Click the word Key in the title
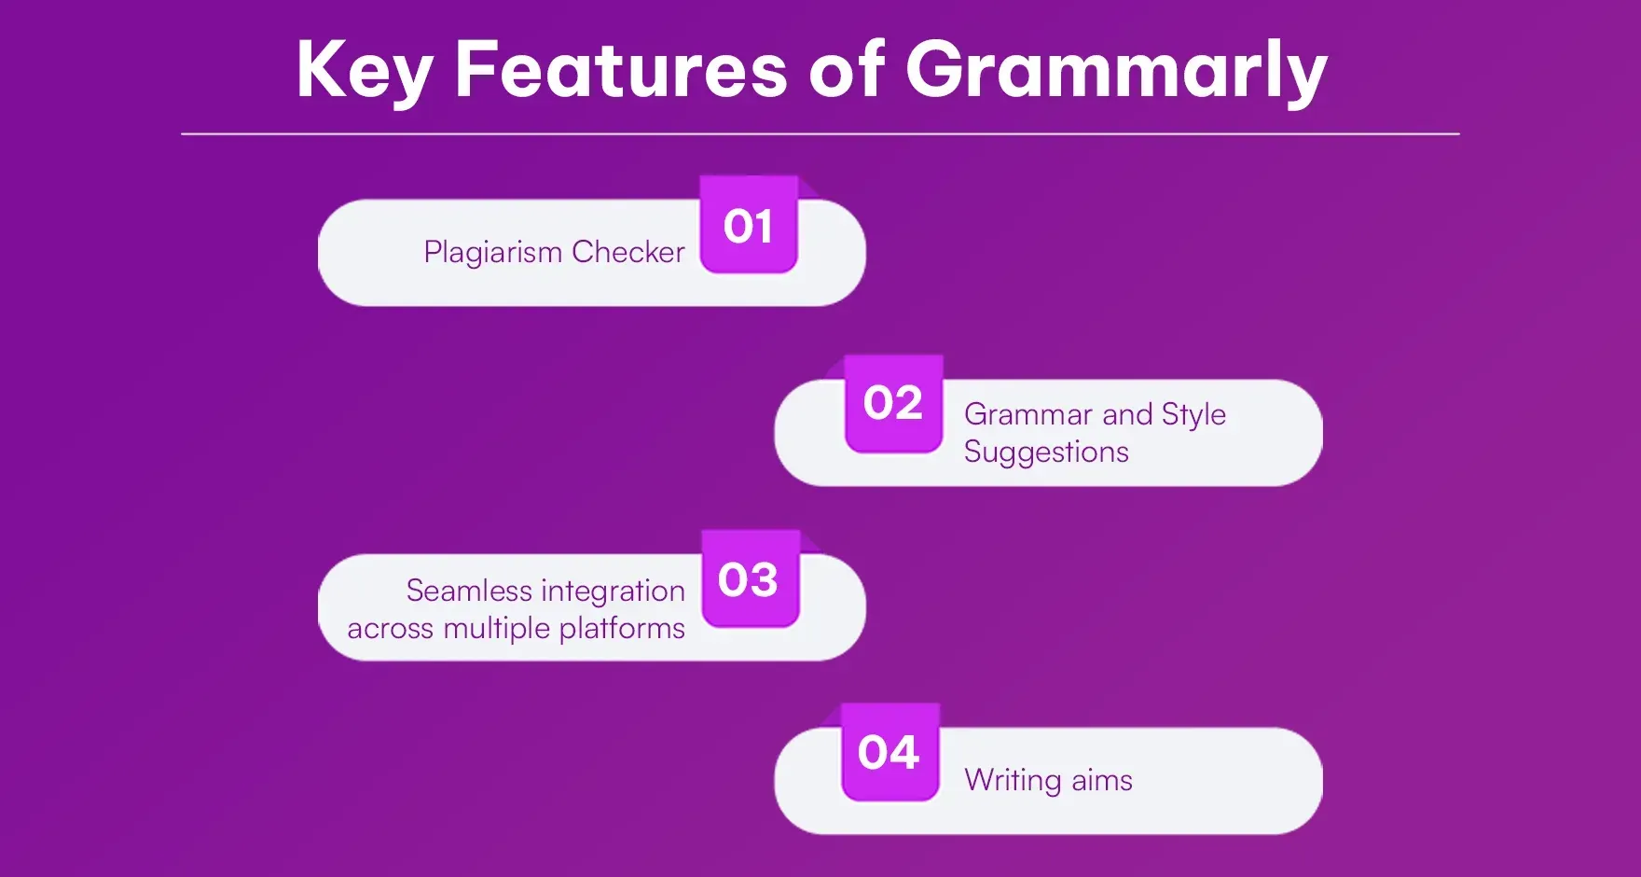click(x=365, y=71)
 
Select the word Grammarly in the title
click(x=1116, y=71)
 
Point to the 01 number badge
click(x=749, y=226)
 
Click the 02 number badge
click(x=893, y=403)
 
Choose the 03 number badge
click(x=749, y=579)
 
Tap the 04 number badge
click(x=889, y=752)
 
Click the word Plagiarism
click(x=492, y=253)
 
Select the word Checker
click(x=628, y=252)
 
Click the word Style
click(x=1193, y=415)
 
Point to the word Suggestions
click(x=1046, y=452)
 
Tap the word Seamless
click(x=469, y=591)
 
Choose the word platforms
click(x=622, y=630)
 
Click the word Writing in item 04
click(x=1013, y=781)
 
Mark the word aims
click(x=1102, y=781)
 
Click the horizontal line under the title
click(x=820, y=134)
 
